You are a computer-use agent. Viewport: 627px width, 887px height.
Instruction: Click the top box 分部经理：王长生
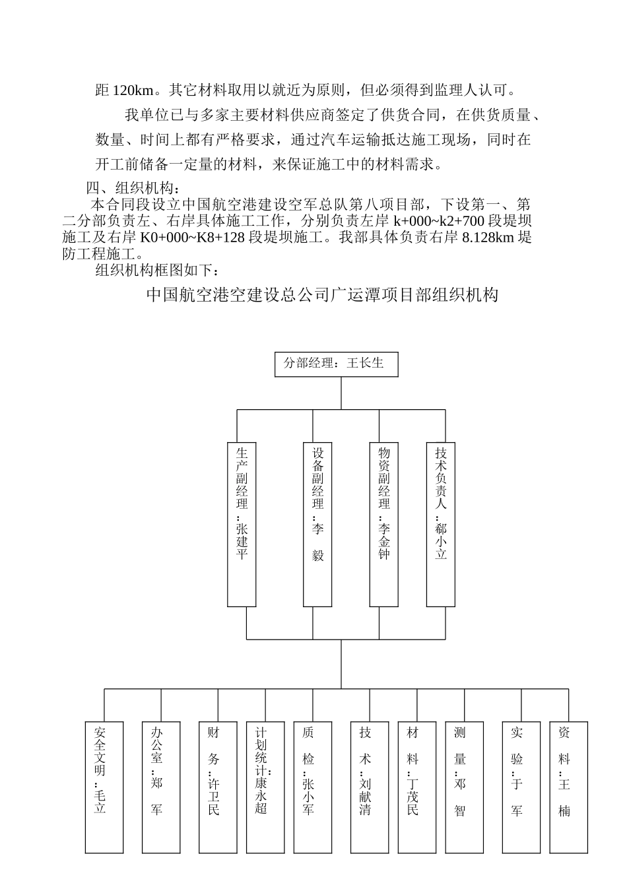(x=336, y=364)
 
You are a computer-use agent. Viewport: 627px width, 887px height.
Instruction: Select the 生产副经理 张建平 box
(x=242, y=524)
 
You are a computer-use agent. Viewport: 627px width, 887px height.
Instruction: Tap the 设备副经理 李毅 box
(x=317, y=524)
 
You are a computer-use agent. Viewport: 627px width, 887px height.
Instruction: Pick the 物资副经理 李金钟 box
(x=383, y=524)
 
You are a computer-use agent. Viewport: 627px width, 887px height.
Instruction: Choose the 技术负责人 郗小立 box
(x=440, y=524)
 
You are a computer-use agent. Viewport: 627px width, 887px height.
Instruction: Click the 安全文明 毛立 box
(x=104, y=787)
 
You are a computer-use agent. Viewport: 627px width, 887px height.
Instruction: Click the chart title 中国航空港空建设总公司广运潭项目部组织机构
(x=322, y=295)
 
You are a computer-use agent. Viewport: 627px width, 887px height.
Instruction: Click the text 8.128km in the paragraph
(x=489, y=238)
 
